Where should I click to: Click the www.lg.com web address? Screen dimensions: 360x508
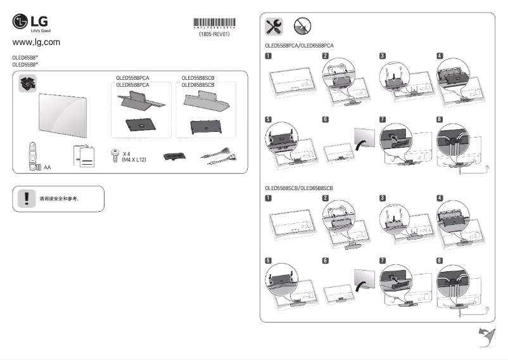pyautogui.click(x=36, y=42)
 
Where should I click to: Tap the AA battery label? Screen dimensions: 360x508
pyautogui.click(x=48, y=167)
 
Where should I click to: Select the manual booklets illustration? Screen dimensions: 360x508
pyautogui.click(x=84, y=156)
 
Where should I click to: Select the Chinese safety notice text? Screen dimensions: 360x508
pyautogui.click(x=59, y=198)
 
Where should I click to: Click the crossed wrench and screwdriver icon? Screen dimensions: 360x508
pyautogui.click(x=274, y=26)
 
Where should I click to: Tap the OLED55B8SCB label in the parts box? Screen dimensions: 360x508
pyautogui.click(x=198, y=78)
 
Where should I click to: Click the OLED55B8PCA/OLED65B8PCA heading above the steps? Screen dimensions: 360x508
pyautogui.click(x=299, y=46)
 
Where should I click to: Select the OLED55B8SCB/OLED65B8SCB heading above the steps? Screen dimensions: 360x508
pyautogui.click(x=299, y=188)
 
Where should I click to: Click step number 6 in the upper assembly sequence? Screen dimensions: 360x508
pyautogui.click(x=325, y=119)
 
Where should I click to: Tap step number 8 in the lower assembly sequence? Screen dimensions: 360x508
pyautogui.click(x=440, y=260)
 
